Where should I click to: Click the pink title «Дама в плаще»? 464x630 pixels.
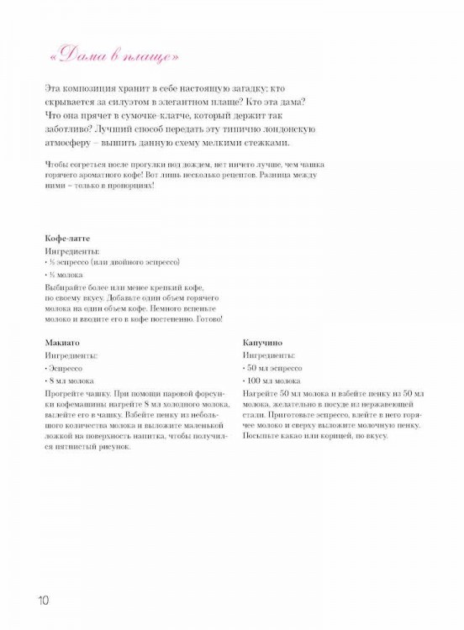(x=113, y=56)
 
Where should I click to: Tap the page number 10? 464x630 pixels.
(x=44, y=601)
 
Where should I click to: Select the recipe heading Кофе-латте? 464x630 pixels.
(x=66, y=239)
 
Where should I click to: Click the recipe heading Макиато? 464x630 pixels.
(x=63, y=343)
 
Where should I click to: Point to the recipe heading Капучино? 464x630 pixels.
(x=262, y=343)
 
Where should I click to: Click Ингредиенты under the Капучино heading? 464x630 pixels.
(x=269, y=355)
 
